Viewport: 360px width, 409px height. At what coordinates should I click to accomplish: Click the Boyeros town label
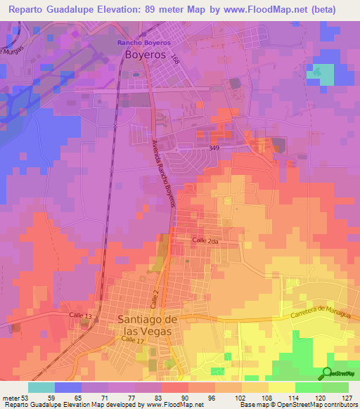pyautogui.click(x=147, y=53)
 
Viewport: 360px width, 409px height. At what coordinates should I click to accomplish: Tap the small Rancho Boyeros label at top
pyautogui.click(x=145, y=42)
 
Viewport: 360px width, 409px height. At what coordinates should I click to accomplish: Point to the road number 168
pyautogui.click(x=175, y=63)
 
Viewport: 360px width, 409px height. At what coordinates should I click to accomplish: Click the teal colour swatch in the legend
pyautogui.click(x=41, y=387)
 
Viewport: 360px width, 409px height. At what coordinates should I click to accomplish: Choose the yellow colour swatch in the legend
pyautogui.click(x=281, y=387)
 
